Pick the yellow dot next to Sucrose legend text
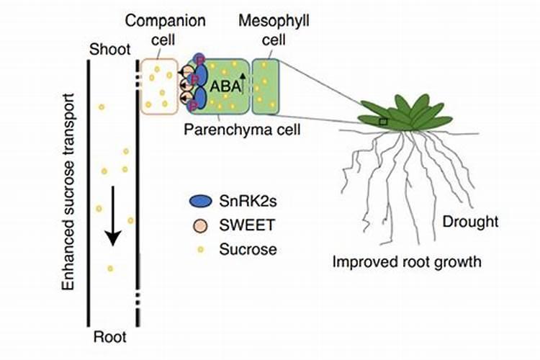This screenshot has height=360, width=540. coord(198,249)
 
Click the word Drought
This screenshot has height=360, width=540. coord(471,221)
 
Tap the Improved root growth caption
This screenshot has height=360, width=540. coord(406,261)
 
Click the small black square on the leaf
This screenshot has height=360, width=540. coord(384,122)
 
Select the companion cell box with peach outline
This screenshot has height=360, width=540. coord(159,86)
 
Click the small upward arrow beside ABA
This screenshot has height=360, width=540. coord(243,77)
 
